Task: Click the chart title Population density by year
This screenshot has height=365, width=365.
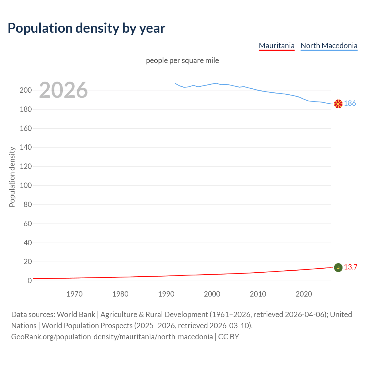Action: click(86, 28)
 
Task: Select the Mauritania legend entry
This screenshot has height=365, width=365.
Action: click(277, 46)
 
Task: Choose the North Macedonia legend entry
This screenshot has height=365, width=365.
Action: click(329, 46)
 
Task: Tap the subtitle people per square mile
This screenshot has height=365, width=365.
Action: click(182, 61)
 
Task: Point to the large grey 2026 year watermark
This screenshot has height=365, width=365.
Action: click(63, 90)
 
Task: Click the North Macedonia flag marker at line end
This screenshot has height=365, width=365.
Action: click(338, 104)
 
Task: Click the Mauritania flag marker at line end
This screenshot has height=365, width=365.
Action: click(338, 267)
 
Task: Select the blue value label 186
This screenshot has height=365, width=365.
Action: click(350, 104)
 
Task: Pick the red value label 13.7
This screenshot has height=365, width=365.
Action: click(350, 267)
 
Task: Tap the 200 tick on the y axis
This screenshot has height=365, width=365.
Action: click(26, 90)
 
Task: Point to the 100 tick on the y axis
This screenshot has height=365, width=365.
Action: click(26, 186)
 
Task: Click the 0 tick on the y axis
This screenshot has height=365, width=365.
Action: click(30, 281)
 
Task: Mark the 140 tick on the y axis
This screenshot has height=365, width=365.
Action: click(26, 147)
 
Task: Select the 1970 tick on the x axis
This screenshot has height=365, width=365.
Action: click(74, 294)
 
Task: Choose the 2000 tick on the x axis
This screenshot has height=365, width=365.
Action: click(212, 294)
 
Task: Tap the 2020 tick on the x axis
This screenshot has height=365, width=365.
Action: click(304, 294)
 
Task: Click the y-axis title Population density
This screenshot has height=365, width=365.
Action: click(12, 177)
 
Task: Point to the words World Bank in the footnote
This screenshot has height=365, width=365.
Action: click(76, 315)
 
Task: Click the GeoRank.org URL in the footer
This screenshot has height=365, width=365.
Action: click(112, 337)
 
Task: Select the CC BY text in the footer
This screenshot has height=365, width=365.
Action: click(229, 337)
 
